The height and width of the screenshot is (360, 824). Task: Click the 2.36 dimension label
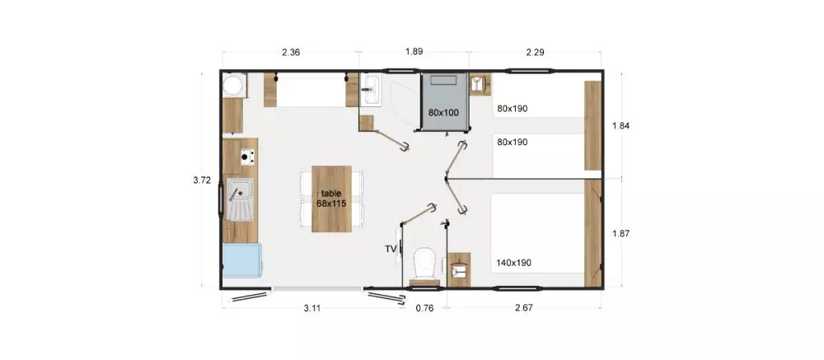pos(291,52)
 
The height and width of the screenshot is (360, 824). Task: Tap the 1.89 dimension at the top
pos(414,52)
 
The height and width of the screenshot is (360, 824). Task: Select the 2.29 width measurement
pos(535,52)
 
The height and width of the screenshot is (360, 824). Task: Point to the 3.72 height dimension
pos(202,180)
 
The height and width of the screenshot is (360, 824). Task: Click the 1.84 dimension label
pos(620,125)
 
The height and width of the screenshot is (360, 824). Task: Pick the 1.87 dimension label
pos(620,234)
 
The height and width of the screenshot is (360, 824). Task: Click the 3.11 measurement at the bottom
pos(311,308)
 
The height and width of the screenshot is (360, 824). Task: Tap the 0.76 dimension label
pos(424,308)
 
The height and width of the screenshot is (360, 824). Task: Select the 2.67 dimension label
pos(524,308)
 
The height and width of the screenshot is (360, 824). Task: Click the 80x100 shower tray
pos(444,101)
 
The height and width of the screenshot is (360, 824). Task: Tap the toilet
pos(424,265)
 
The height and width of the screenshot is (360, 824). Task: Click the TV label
pos(391,249)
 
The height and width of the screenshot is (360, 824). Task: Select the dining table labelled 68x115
pos(331,199)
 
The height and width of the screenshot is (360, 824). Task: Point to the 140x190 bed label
pos(513,263)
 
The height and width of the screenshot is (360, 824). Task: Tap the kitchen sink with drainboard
pos(240,199)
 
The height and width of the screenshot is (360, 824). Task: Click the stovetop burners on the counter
pos(247,156)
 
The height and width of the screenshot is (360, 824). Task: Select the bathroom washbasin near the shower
pos(372,90)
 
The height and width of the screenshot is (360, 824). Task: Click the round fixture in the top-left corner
pos(233,85)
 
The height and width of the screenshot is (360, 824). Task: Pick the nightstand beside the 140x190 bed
pos(459,269)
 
